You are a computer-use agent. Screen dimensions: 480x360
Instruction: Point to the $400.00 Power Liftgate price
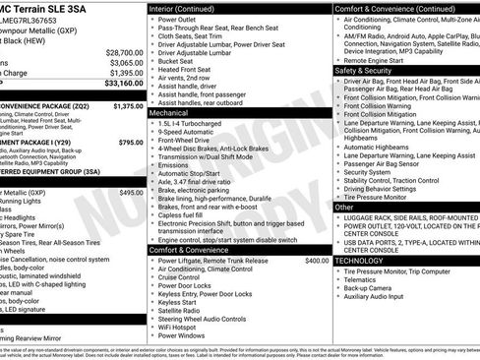[317, 260]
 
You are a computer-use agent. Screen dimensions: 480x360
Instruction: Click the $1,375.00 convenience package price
[128, 105]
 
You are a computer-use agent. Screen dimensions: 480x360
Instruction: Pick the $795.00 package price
[130, 142]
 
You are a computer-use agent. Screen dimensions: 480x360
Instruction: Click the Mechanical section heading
[168, 113]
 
